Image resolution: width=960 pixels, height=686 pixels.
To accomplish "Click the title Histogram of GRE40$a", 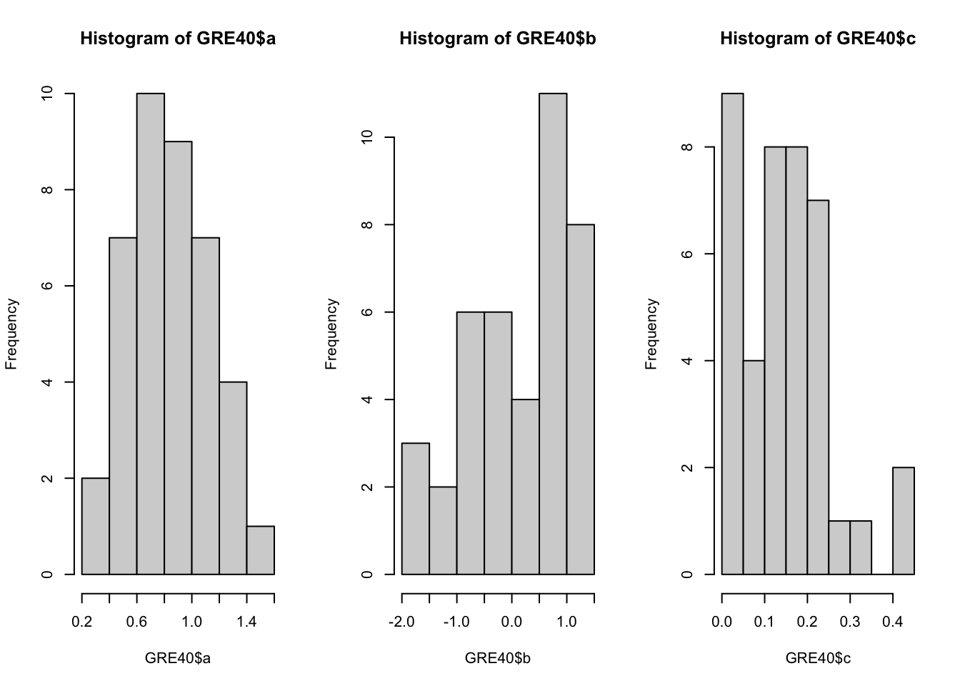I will point(178,39).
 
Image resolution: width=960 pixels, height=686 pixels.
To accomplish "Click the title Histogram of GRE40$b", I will point(498,39).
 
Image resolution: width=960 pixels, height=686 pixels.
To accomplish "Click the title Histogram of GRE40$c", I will point(818,39).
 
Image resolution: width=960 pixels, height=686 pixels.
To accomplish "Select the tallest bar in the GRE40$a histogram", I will point(151,334).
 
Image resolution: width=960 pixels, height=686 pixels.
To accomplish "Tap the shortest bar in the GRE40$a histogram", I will point(261,550).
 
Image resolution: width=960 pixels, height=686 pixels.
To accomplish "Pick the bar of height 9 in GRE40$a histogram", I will point(178,357).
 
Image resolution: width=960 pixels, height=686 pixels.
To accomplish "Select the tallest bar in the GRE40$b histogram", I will point(553,334).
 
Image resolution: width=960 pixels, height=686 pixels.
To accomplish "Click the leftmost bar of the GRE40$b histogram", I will point(416,509).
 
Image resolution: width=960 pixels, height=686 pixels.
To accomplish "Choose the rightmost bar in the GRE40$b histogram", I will point(580,399).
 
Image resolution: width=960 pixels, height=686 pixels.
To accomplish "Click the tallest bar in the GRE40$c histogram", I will point(732,334).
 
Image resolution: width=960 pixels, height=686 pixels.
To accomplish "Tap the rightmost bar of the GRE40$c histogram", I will point(904,521).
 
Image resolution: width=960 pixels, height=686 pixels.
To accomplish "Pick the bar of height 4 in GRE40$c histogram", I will point(754,467).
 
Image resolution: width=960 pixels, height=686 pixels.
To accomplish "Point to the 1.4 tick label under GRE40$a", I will point(246,622).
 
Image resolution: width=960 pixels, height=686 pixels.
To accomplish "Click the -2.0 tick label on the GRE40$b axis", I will point(402,622).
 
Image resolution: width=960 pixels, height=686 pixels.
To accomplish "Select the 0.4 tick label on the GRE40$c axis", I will point(893,622).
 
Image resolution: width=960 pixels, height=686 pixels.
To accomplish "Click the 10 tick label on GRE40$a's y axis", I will point(48,94).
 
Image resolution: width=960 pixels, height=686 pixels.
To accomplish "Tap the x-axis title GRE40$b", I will point(498,658).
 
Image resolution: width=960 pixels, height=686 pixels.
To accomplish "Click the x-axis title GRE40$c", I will point(818,658).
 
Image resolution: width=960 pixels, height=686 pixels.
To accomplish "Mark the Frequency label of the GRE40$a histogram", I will point(11,334).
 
